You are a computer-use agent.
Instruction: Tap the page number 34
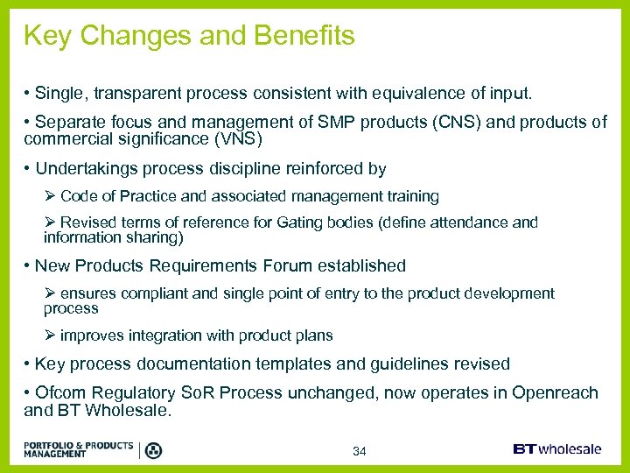(x=359, y=451)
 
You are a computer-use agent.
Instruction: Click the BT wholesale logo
(x=556, y=449)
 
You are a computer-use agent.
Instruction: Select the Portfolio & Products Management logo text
(x=79, y=449)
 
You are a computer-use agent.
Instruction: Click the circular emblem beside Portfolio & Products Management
(x=153, y=450)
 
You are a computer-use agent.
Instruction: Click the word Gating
(x=299, y=222)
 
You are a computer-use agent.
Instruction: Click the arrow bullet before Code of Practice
(x=50, y=196)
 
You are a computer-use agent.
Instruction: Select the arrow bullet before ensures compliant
(x=50, y=293)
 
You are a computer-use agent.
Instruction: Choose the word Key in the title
(x=45, y=36)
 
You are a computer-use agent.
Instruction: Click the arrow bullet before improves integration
(x=50, y=335)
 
